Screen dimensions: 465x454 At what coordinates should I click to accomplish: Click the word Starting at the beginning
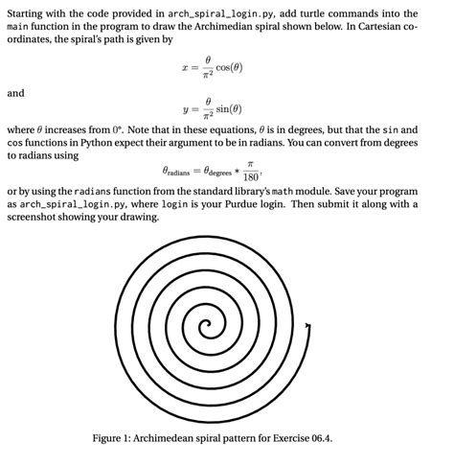(27, 13)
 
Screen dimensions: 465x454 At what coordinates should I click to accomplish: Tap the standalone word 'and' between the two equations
(16, 93)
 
